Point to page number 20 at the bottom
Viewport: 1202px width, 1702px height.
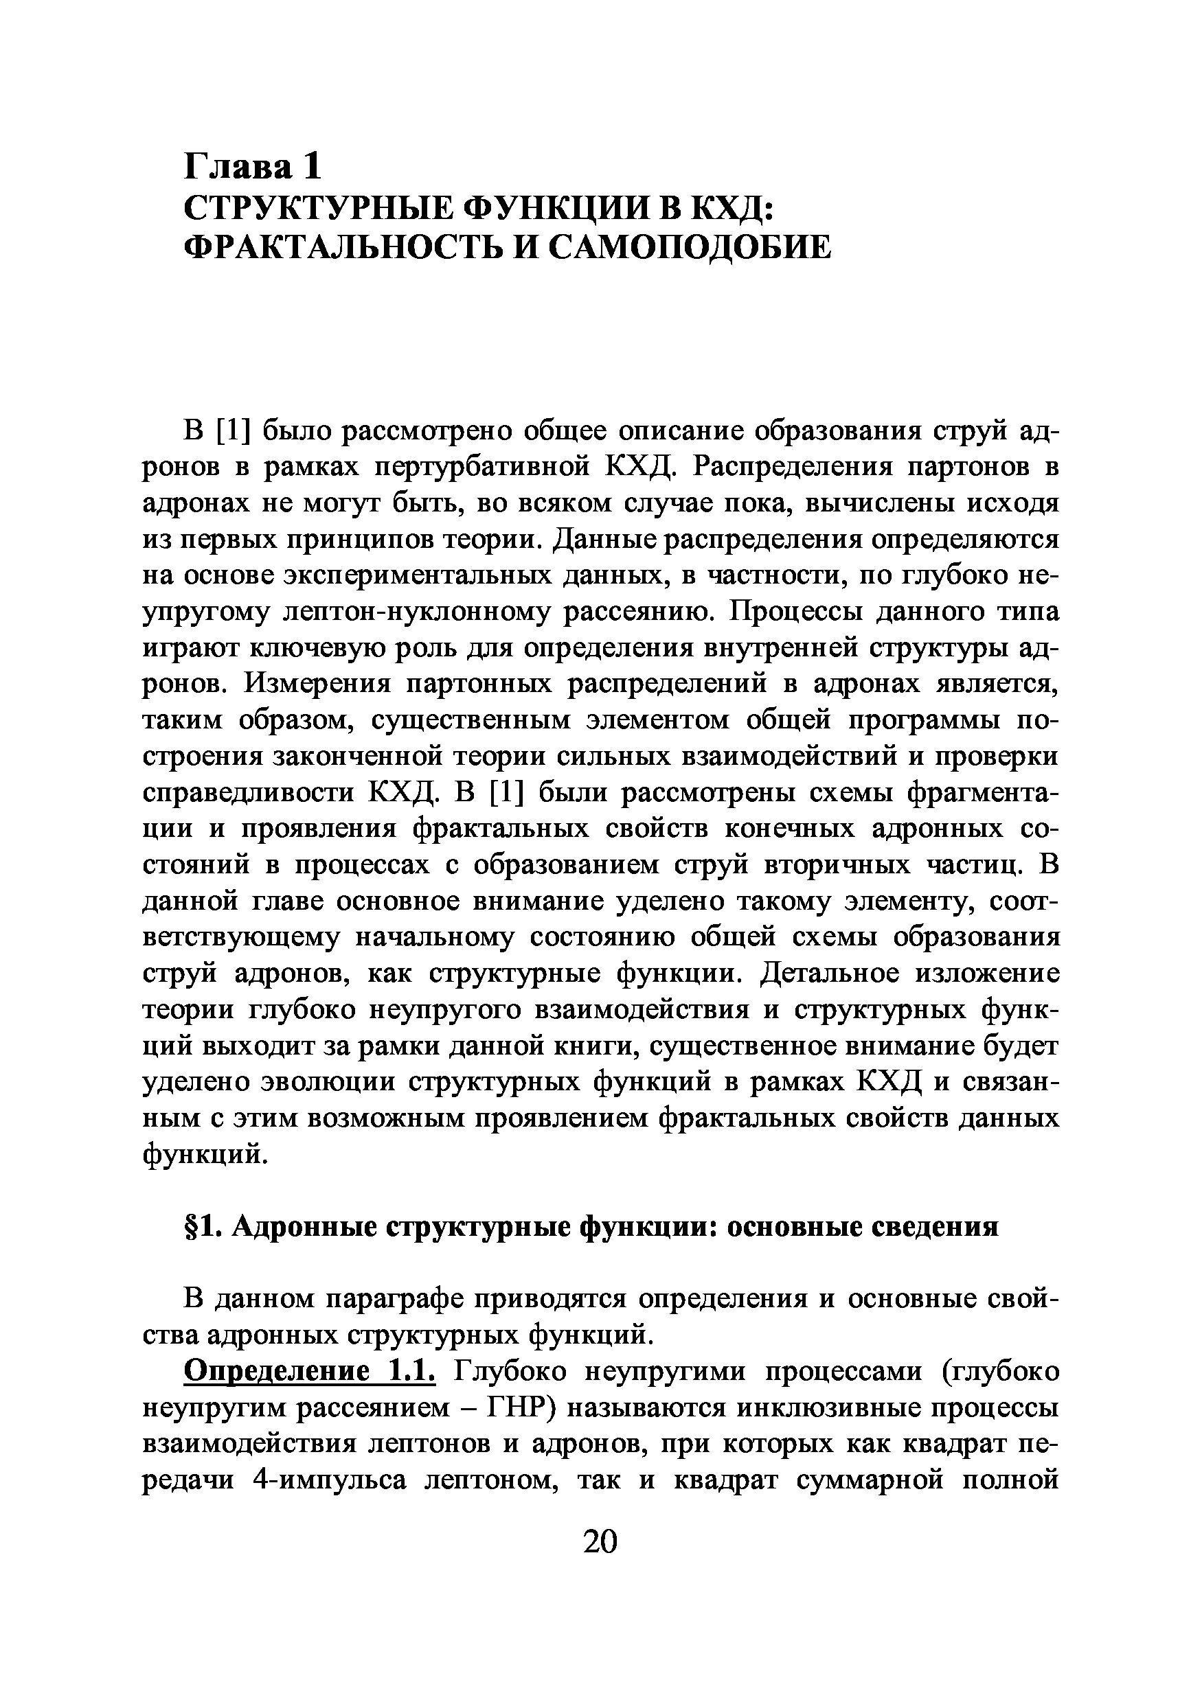(600, 1541)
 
